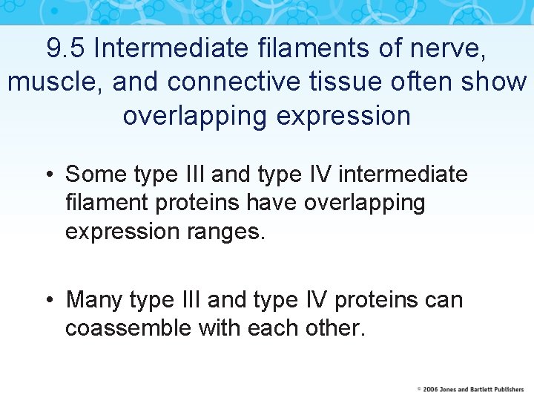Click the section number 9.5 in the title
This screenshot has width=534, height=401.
click(x=66, y=48)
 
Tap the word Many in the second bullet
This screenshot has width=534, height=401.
click(x=95, y=300)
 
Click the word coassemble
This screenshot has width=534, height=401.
click(x=128, y=328)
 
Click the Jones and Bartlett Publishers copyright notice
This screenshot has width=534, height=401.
click(x=470, y=389)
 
